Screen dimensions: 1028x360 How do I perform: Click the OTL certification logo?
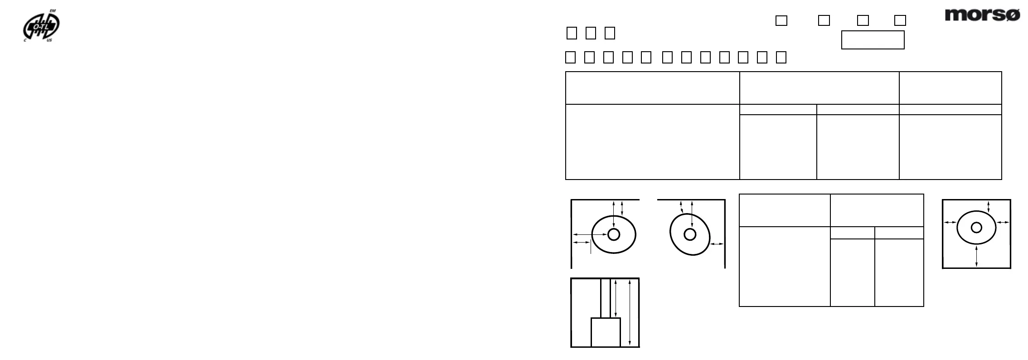pos(41,27)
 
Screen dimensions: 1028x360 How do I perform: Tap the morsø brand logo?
pos(982,15)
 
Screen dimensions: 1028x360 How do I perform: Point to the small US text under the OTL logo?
pos(49,41)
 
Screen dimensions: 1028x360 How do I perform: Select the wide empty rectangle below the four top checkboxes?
pos(873,40)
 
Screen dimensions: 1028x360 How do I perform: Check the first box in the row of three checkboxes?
pos(572,33)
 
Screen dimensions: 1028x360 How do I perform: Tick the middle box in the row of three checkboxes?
pos(591,33)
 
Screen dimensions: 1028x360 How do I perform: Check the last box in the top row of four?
pos(900,20)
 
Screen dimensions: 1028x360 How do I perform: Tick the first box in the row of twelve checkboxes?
pos(571,57)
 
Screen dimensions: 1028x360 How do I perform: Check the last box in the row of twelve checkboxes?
pos(781,57)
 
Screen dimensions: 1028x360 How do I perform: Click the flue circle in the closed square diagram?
pos(976,227)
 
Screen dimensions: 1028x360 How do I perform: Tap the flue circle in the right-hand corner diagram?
pos(690,234)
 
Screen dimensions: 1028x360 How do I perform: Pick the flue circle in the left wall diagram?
pos(614,234)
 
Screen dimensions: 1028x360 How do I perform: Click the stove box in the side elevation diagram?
pos(606,332)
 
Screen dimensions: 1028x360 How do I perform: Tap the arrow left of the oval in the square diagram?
pos(950,222)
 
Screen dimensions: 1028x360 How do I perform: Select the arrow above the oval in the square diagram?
pos(989,206)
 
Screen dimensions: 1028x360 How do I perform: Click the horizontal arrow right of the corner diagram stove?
pos(717,244)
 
